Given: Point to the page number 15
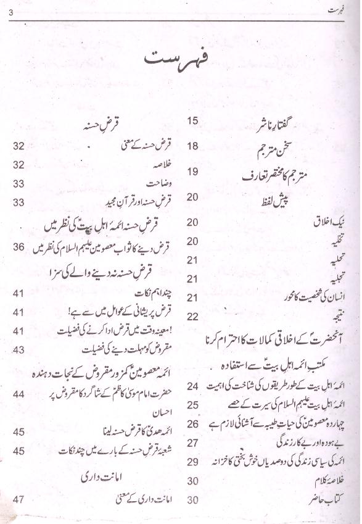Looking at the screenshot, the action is coord(192,120).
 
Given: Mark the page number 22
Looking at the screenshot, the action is coord(192,316).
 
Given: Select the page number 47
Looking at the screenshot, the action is coord(19,499).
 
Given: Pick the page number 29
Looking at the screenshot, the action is coord(192,462).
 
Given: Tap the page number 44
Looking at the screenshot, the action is coord(19,393).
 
